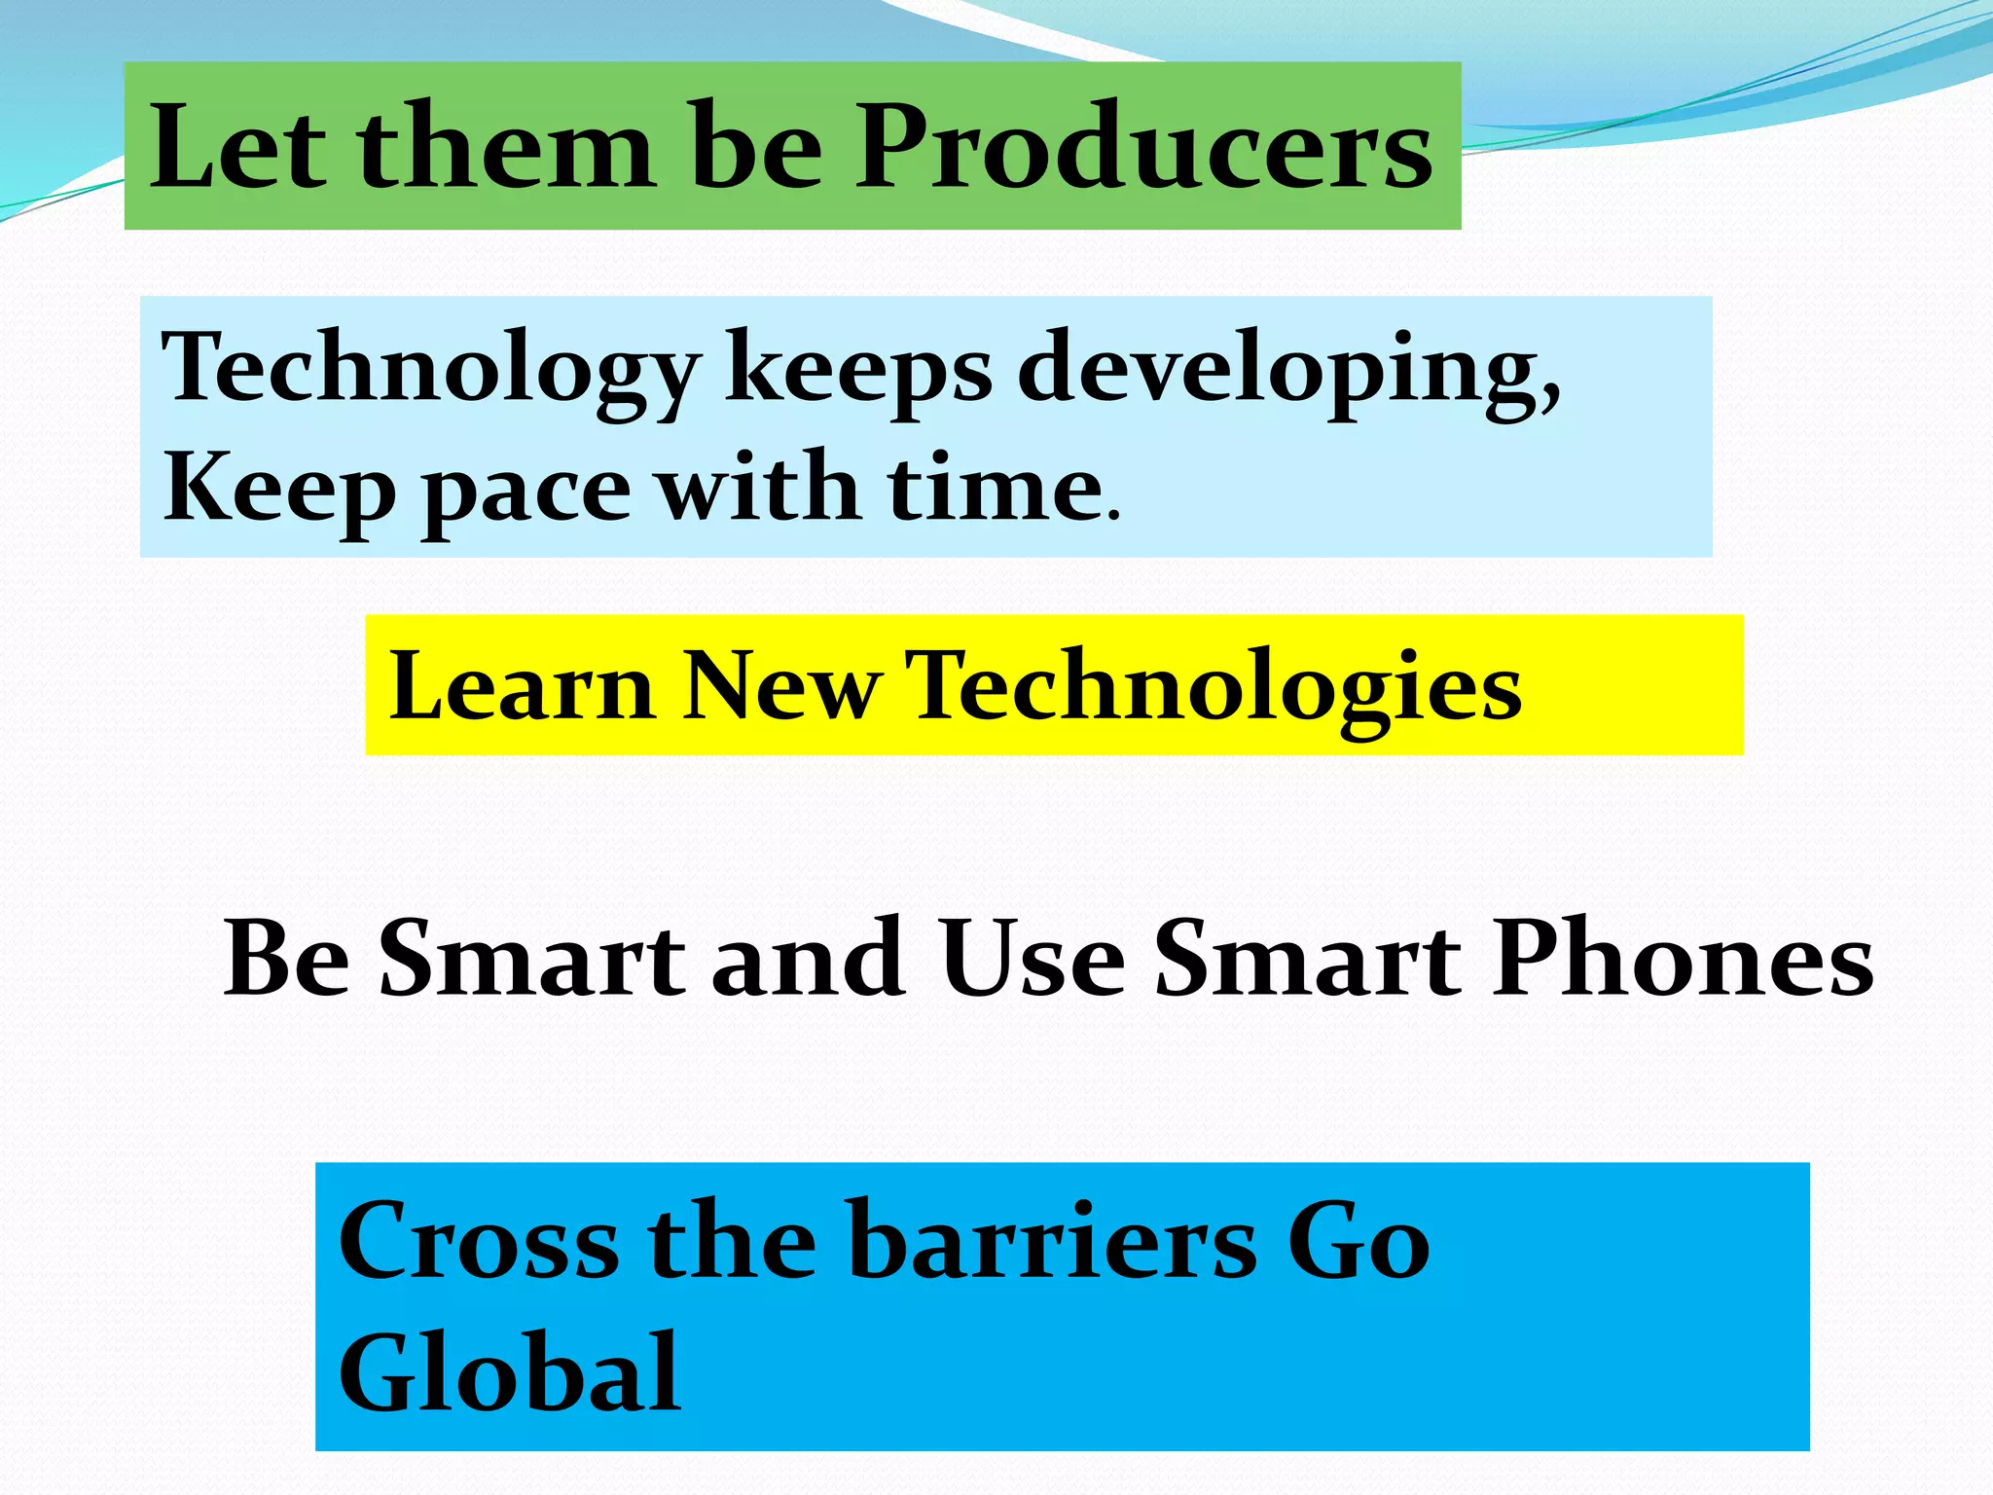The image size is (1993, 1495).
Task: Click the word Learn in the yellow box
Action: point(522,686)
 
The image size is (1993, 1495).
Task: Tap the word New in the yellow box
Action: point(780,686)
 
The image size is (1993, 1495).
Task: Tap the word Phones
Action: point(1684,959)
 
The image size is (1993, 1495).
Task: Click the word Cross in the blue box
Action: point(478,1241)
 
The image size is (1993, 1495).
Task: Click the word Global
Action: point(509,1372)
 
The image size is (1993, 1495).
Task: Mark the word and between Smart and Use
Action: point(808,959)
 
